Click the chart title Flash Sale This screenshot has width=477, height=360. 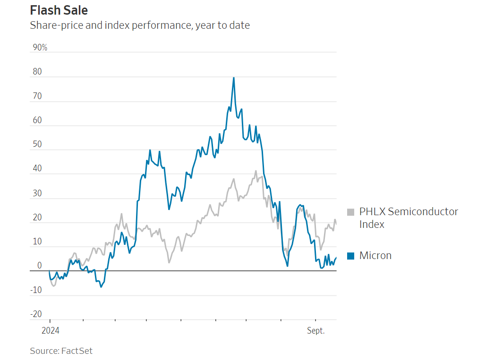[59, 10]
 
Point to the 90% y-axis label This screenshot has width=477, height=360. [40, 48]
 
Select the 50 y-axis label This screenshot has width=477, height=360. [37, 145]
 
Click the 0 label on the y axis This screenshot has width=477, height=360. [40, 266]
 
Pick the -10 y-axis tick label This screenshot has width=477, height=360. [36, 290]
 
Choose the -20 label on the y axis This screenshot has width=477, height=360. [36, 314]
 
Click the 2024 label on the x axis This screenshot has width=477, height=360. [50, 331]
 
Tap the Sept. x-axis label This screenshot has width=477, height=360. [316, 331]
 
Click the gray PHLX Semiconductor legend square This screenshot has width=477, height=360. [350, 212]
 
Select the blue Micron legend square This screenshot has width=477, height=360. [350, 256]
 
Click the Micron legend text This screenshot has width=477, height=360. [375, 256]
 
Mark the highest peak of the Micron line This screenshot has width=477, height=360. [234, 78]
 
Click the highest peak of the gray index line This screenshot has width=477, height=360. [256, 171]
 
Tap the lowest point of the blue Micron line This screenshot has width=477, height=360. [101, 287]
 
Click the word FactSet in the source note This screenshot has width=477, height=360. [77, 351]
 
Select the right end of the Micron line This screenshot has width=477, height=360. [336, 258]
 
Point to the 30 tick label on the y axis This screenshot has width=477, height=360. [37, 193]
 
